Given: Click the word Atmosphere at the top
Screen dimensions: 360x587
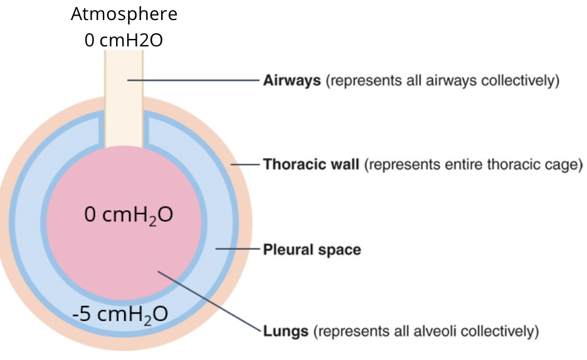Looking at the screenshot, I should click(x=124, y=14).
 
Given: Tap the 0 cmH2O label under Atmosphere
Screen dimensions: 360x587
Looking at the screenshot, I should click(x=124, y=40).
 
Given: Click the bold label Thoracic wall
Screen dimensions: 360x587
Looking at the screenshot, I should click(x=311, y=165).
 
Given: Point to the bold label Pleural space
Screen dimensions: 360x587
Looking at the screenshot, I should click(x=312, y=250).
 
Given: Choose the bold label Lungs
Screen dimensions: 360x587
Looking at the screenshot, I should click(x=285, y=331).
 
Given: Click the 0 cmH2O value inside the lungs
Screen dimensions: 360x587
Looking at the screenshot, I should click(x=129, y=216).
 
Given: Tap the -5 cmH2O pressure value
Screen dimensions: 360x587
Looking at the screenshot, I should click(x=120, y=313).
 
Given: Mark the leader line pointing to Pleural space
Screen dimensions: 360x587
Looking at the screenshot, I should click(x=238, y=250).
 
